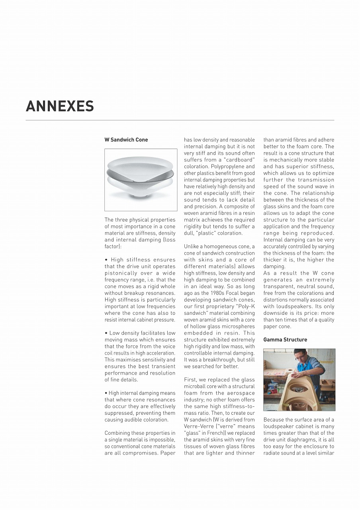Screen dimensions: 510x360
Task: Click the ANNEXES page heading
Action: tap(60, 106)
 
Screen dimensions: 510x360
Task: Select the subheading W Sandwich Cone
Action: tap(126, 140)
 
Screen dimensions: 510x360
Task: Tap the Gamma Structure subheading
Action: tap(285, 340)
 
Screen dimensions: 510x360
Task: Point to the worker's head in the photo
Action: tap(299, 355)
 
